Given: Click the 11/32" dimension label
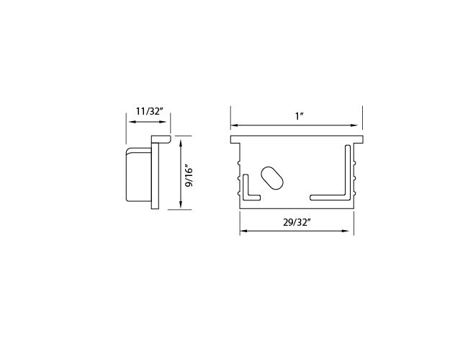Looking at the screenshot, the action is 149,111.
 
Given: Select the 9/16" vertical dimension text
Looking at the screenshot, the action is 189,175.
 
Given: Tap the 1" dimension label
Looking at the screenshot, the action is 299,116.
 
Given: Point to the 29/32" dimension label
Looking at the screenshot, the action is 297,222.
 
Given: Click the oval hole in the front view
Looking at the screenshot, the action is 272,178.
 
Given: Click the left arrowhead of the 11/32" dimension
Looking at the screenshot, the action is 131,122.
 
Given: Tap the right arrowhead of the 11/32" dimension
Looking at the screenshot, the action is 163,122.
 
